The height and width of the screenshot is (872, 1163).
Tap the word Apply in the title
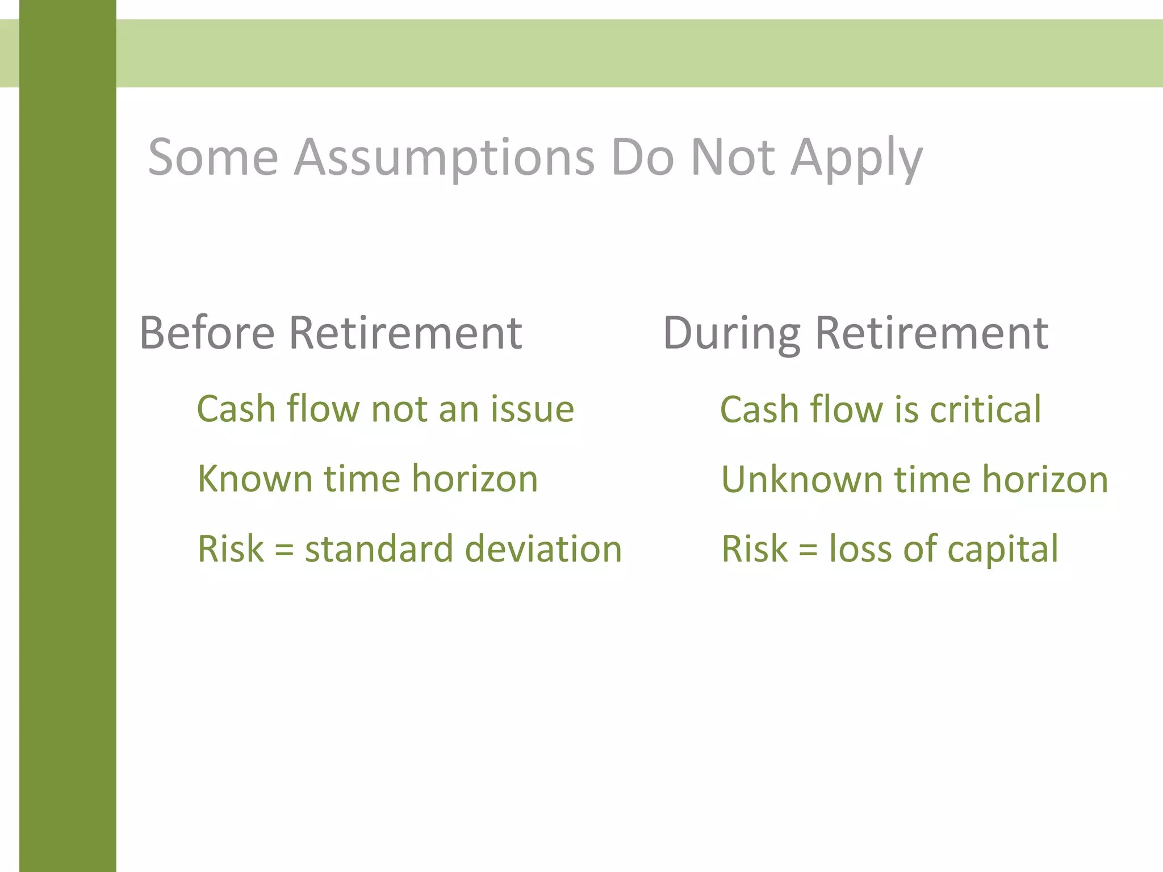pyautogui.click(x=857, y=159)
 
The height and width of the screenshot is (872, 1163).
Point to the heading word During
pyautogui.click(x=732, y=334)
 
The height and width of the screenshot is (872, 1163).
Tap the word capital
pyautogui.click(x=1003, y=550)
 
